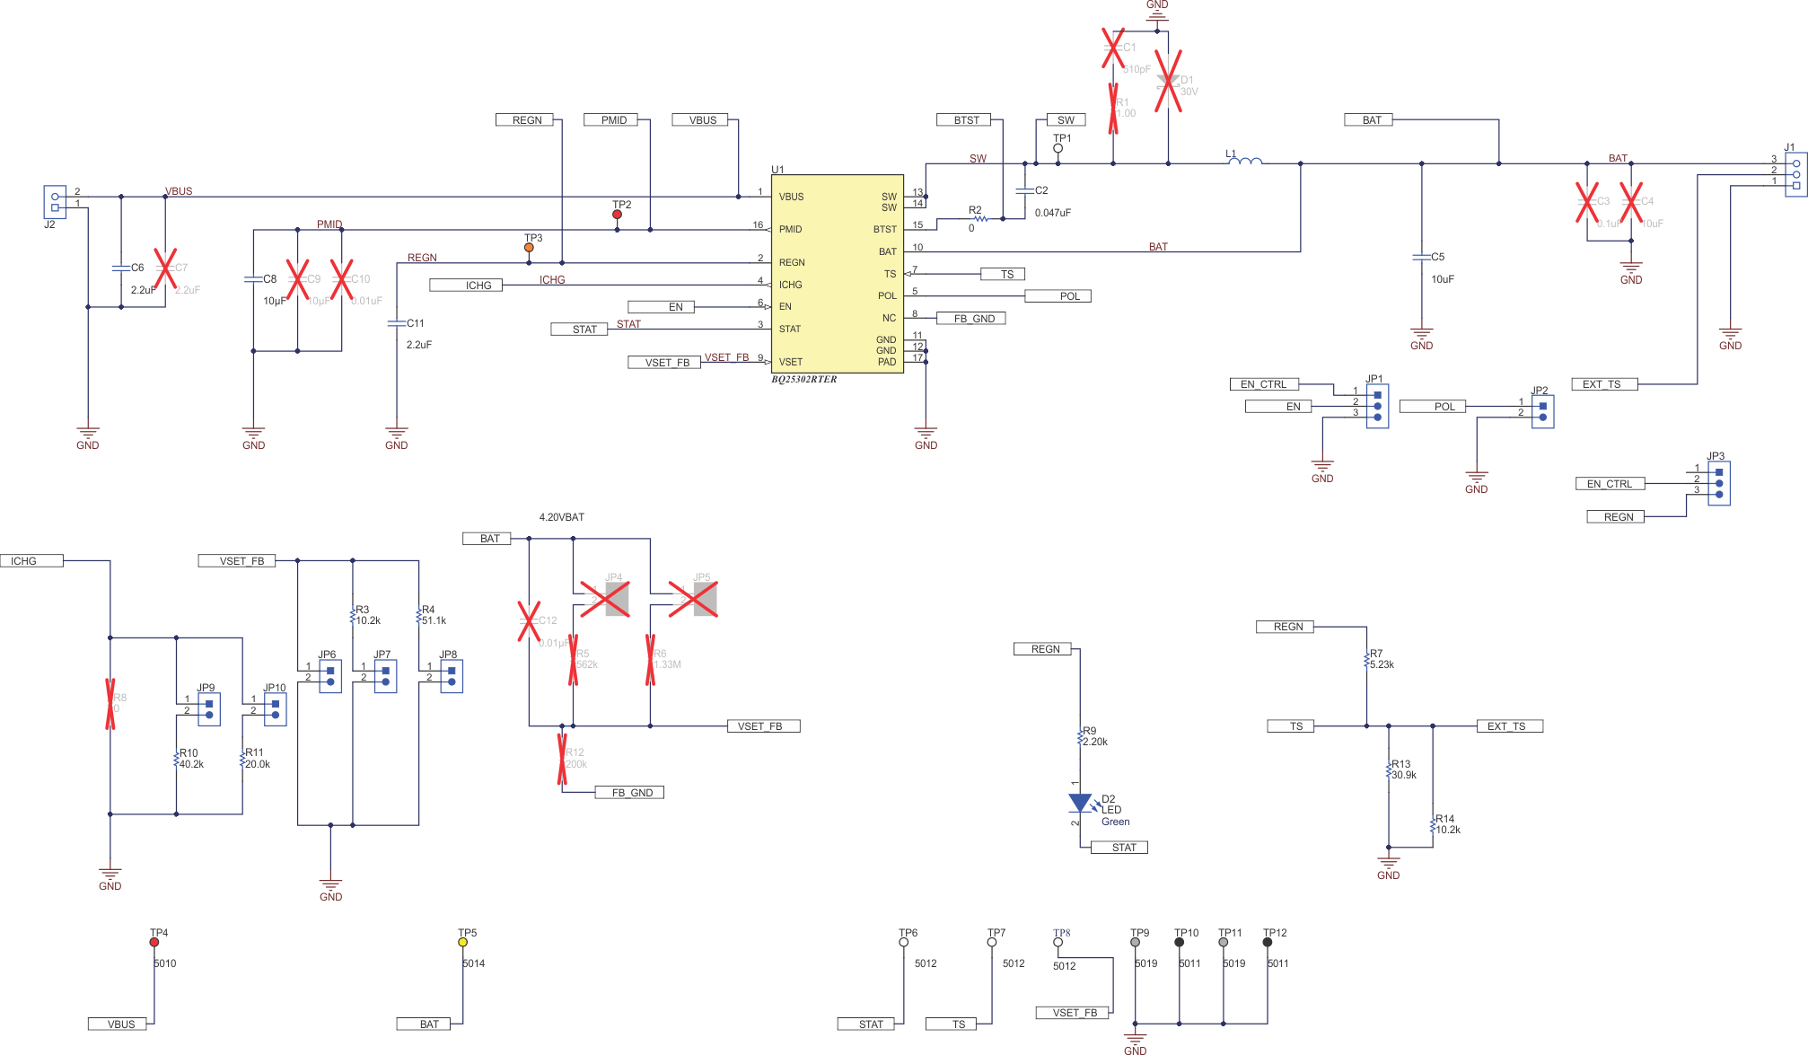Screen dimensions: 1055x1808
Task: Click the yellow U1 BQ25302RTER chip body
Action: [837, 274]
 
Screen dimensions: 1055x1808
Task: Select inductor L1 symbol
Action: [1246, 162]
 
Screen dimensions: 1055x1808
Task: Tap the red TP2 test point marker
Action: [617, 215]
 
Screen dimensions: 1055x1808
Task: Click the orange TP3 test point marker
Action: [529, 248]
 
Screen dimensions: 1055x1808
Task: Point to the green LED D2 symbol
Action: [1080, 803]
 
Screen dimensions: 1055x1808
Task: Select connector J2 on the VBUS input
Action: [55, 201]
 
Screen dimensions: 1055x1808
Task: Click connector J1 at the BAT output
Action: [1795, 174]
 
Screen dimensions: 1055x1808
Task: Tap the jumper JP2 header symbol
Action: [1542, 411]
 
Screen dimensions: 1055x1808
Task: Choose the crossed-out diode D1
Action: [1168, 82]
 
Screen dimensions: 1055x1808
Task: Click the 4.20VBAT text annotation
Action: [561, 517]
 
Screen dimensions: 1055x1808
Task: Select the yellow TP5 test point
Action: [463, 942]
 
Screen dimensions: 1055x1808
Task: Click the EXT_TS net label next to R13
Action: [1509, 726]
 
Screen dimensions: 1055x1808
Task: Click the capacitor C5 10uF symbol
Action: [1421, 258]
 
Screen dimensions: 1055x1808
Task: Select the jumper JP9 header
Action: [209, 709]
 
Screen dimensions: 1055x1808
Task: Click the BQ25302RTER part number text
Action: [803, 380]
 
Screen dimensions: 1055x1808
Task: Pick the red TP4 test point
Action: [154, 942]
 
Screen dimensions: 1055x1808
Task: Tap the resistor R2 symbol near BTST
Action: [979, 218]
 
